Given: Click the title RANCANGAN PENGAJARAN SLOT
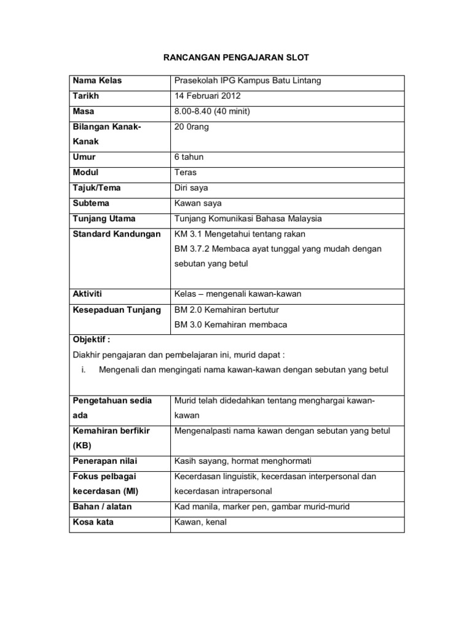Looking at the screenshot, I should point(235,58).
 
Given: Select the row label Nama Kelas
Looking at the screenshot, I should point(97,81).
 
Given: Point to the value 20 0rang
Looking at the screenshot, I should point(193,126).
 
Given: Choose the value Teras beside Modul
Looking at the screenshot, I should point(186,173).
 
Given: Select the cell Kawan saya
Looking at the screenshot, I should point(198,203).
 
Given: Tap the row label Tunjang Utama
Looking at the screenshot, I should point(104,218).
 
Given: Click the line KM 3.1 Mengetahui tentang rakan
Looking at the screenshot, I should point(240,233).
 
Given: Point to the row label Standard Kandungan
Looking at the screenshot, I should point(116,233).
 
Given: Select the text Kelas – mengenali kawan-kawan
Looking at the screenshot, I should point(238,294).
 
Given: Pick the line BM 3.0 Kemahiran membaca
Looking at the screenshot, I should point(230,324).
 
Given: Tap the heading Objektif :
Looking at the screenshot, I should point(92,339).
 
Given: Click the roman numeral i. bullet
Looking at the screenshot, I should point(84,370).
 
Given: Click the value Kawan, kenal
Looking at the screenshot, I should point(200,522).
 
